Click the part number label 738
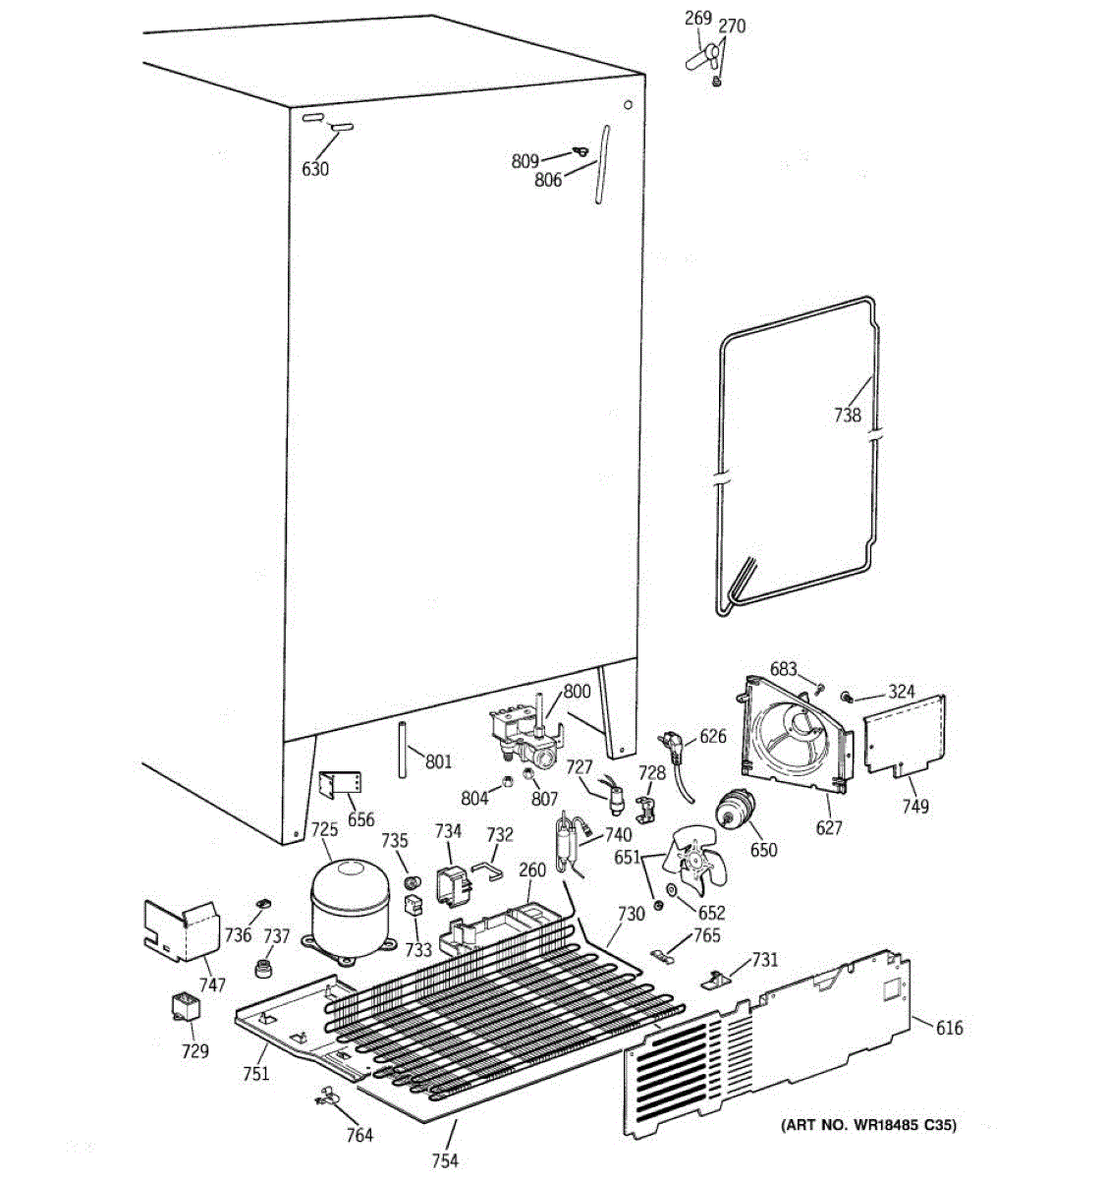tap(847, 415)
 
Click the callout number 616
tap(949, 1028)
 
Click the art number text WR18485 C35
tap(868, 1125)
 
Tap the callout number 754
tap(445, 1161)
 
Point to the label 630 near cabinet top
tap(315, 169)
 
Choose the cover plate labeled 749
tap(906, 733)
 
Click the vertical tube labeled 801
tap(403, 749)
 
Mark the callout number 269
tap(698, 19)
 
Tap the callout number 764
tap(359, 1135)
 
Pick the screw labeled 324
tap(844, 697)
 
